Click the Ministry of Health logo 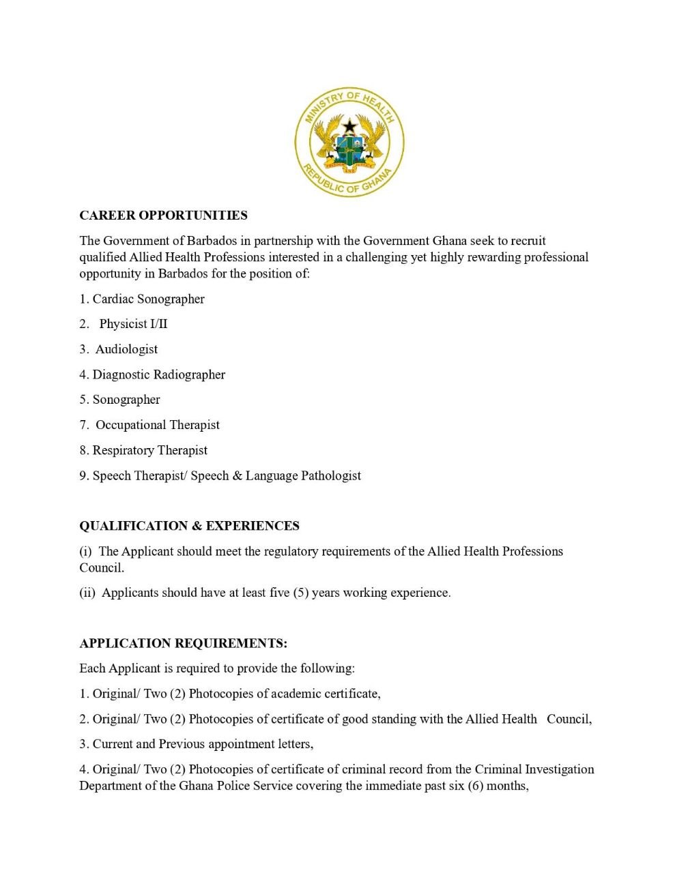click(349, 143)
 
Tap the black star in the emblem click(349, 126)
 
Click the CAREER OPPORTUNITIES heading click(163, 216)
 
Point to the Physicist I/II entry click(133, 325)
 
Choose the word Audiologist click(126, 350)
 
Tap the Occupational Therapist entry click(157, 426)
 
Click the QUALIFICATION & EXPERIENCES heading click(189, 526)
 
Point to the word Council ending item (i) click(101, 568)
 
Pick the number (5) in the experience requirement click(301, 593)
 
